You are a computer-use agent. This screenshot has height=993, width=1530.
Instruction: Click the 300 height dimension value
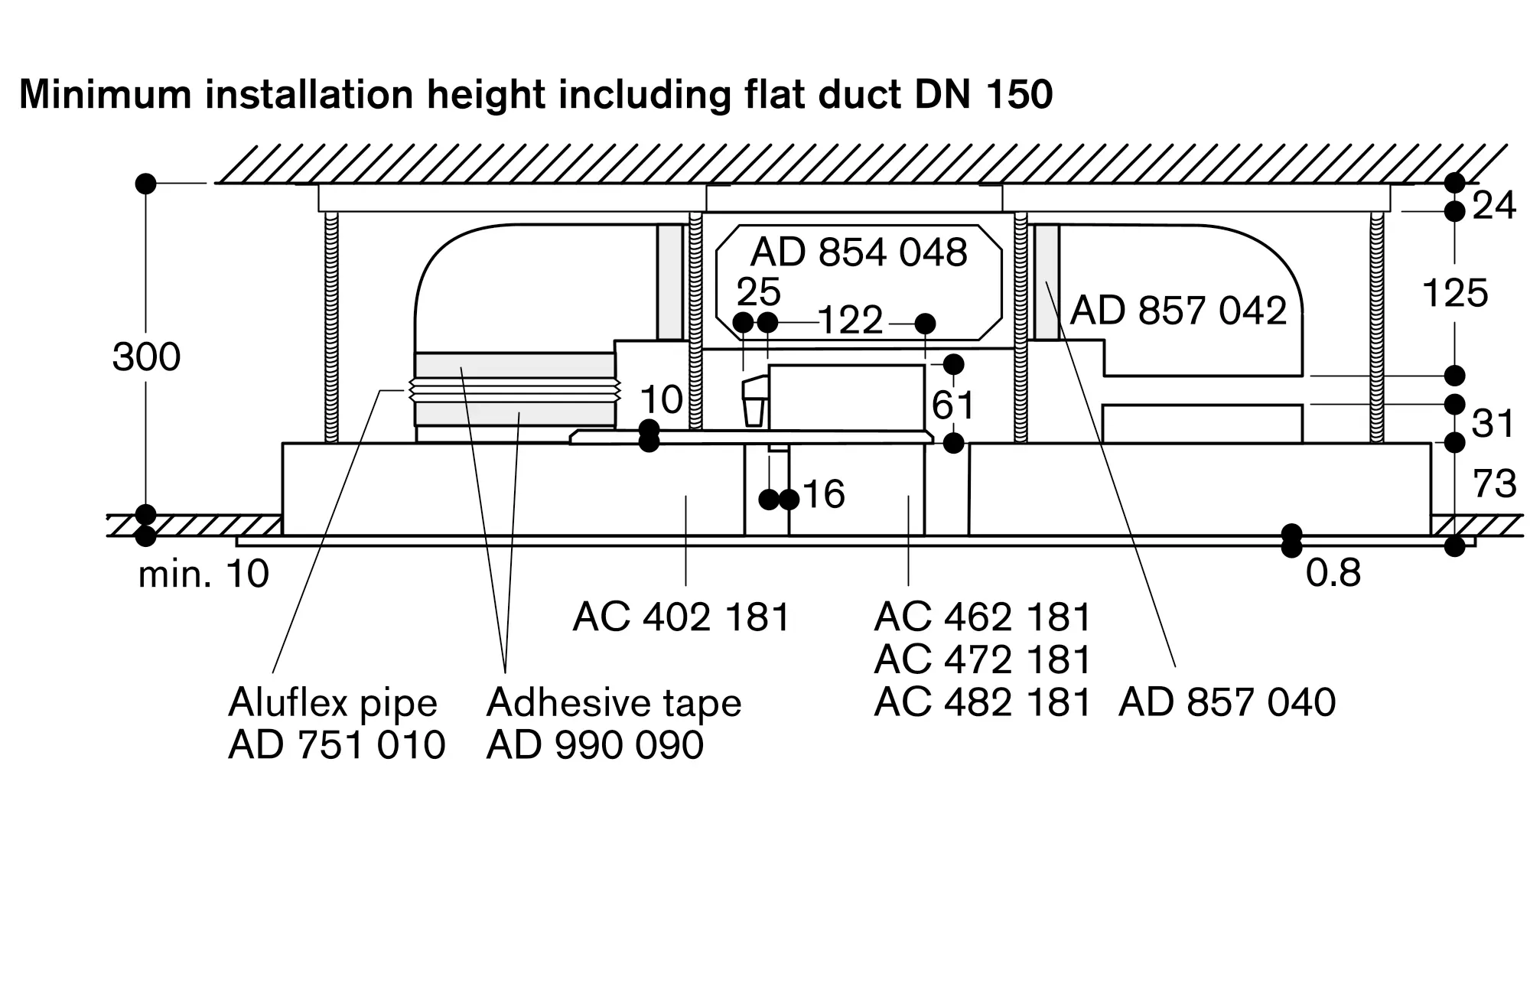[146, 357]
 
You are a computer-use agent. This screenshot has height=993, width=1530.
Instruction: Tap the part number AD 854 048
[858, 252]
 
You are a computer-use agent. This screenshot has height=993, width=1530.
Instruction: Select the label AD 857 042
[1178, 311]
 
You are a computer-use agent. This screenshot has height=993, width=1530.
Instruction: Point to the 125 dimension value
[1454, 293]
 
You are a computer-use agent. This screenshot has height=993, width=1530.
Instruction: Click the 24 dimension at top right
[1493, 206]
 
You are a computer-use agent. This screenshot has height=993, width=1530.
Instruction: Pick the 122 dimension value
[850, 321]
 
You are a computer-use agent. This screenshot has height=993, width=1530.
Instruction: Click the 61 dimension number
[952, 405]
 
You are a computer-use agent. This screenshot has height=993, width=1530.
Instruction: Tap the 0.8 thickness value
[1333, 573]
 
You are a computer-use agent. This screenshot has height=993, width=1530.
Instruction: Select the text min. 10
[203, 574]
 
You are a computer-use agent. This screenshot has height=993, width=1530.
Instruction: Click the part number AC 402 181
[681, 617]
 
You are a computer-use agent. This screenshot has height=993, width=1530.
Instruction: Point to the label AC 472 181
[981, 659]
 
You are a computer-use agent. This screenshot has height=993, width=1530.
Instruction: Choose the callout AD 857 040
[1226, 702]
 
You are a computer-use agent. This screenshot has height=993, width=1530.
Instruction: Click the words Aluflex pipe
[333, 702]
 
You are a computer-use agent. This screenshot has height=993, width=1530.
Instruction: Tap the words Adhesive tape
[614, 702]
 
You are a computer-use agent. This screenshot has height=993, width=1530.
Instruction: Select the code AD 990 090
[594, 744]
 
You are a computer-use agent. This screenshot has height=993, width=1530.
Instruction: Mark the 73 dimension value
[1494, 483]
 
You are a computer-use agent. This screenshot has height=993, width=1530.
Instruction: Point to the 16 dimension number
[823, 494]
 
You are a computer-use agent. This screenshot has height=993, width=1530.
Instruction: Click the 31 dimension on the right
[1493, 423]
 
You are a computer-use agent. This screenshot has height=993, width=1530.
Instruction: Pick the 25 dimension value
[758, 291]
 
